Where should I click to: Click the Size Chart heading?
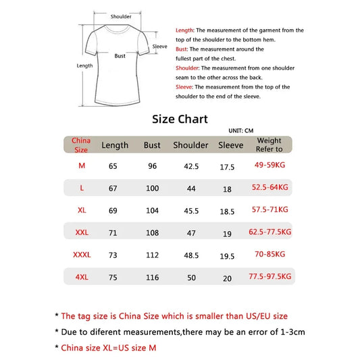pyautogui.click(x=180, y=119)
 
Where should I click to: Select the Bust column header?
pyautogui.click(x=152, y=145)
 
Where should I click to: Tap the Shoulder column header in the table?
pyautogui.click(x=190, y=145)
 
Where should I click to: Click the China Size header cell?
pyautogui.click(x=81, y=145)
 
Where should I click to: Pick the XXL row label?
pyautogui.click(x=82, y=232)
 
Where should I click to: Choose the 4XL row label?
pyautogui.click(x=82, y=277)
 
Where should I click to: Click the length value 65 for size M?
pyautogui.click(x=113, y=167)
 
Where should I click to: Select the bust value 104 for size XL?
pyautogui.click(x=152, y=211)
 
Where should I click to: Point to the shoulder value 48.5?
pyautogui.click(x=190, y=255)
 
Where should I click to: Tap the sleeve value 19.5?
pyautogui.click(x=227, y=256)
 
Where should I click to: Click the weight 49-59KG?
pyautogui.click(x=269, y=165)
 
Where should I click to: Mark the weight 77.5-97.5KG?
pyautogui.click(x=269, y=276)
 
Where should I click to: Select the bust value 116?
pyautogui.click(x=152, y=278)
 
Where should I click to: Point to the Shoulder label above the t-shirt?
pyautogui.click(x=121, y=17)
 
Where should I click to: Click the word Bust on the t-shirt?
pyautogui.click(x=120, y=56)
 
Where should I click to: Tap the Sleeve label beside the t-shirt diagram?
pyautogui.click(x=159, y=47)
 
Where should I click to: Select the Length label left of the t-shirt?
pyautogui.click(x=84, y=66)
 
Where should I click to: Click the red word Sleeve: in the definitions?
pyautogui.click(x=185, y=87)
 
